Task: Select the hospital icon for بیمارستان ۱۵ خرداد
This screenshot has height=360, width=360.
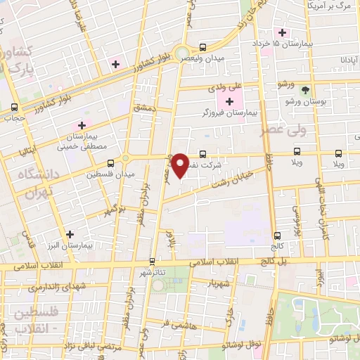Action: (283, 33)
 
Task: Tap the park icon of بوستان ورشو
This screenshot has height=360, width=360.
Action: (305, 90)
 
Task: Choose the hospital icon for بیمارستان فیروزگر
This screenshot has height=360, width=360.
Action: (229, 103)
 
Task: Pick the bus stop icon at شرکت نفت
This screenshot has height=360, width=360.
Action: (202, 153)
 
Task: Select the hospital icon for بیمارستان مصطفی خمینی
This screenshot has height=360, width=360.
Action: (82, 125)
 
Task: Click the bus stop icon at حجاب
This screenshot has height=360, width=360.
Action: (14, 108)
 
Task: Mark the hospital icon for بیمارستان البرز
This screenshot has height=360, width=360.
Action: (69, 235)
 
